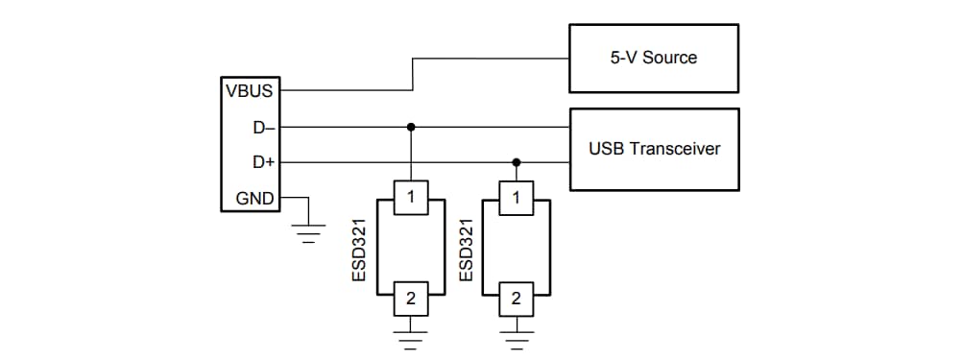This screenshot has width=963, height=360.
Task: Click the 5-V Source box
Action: coord(654,58)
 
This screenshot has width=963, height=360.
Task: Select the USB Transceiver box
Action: coord(654,149)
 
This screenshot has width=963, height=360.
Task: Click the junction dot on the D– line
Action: coord(411,127)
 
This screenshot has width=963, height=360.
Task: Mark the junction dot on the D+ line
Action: coord(517,163)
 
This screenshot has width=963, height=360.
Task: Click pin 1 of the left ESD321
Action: coord(411,199)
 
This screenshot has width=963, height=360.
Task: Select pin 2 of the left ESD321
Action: coord(411,299)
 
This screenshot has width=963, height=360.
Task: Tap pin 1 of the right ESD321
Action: coord(517,199)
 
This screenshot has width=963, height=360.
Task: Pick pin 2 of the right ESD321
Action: coord(517,299)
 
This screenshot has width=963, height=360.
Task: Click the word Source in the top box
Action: coord(671,58)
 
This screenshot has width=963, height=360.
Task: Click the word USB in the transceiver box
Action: coord(604,149)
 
